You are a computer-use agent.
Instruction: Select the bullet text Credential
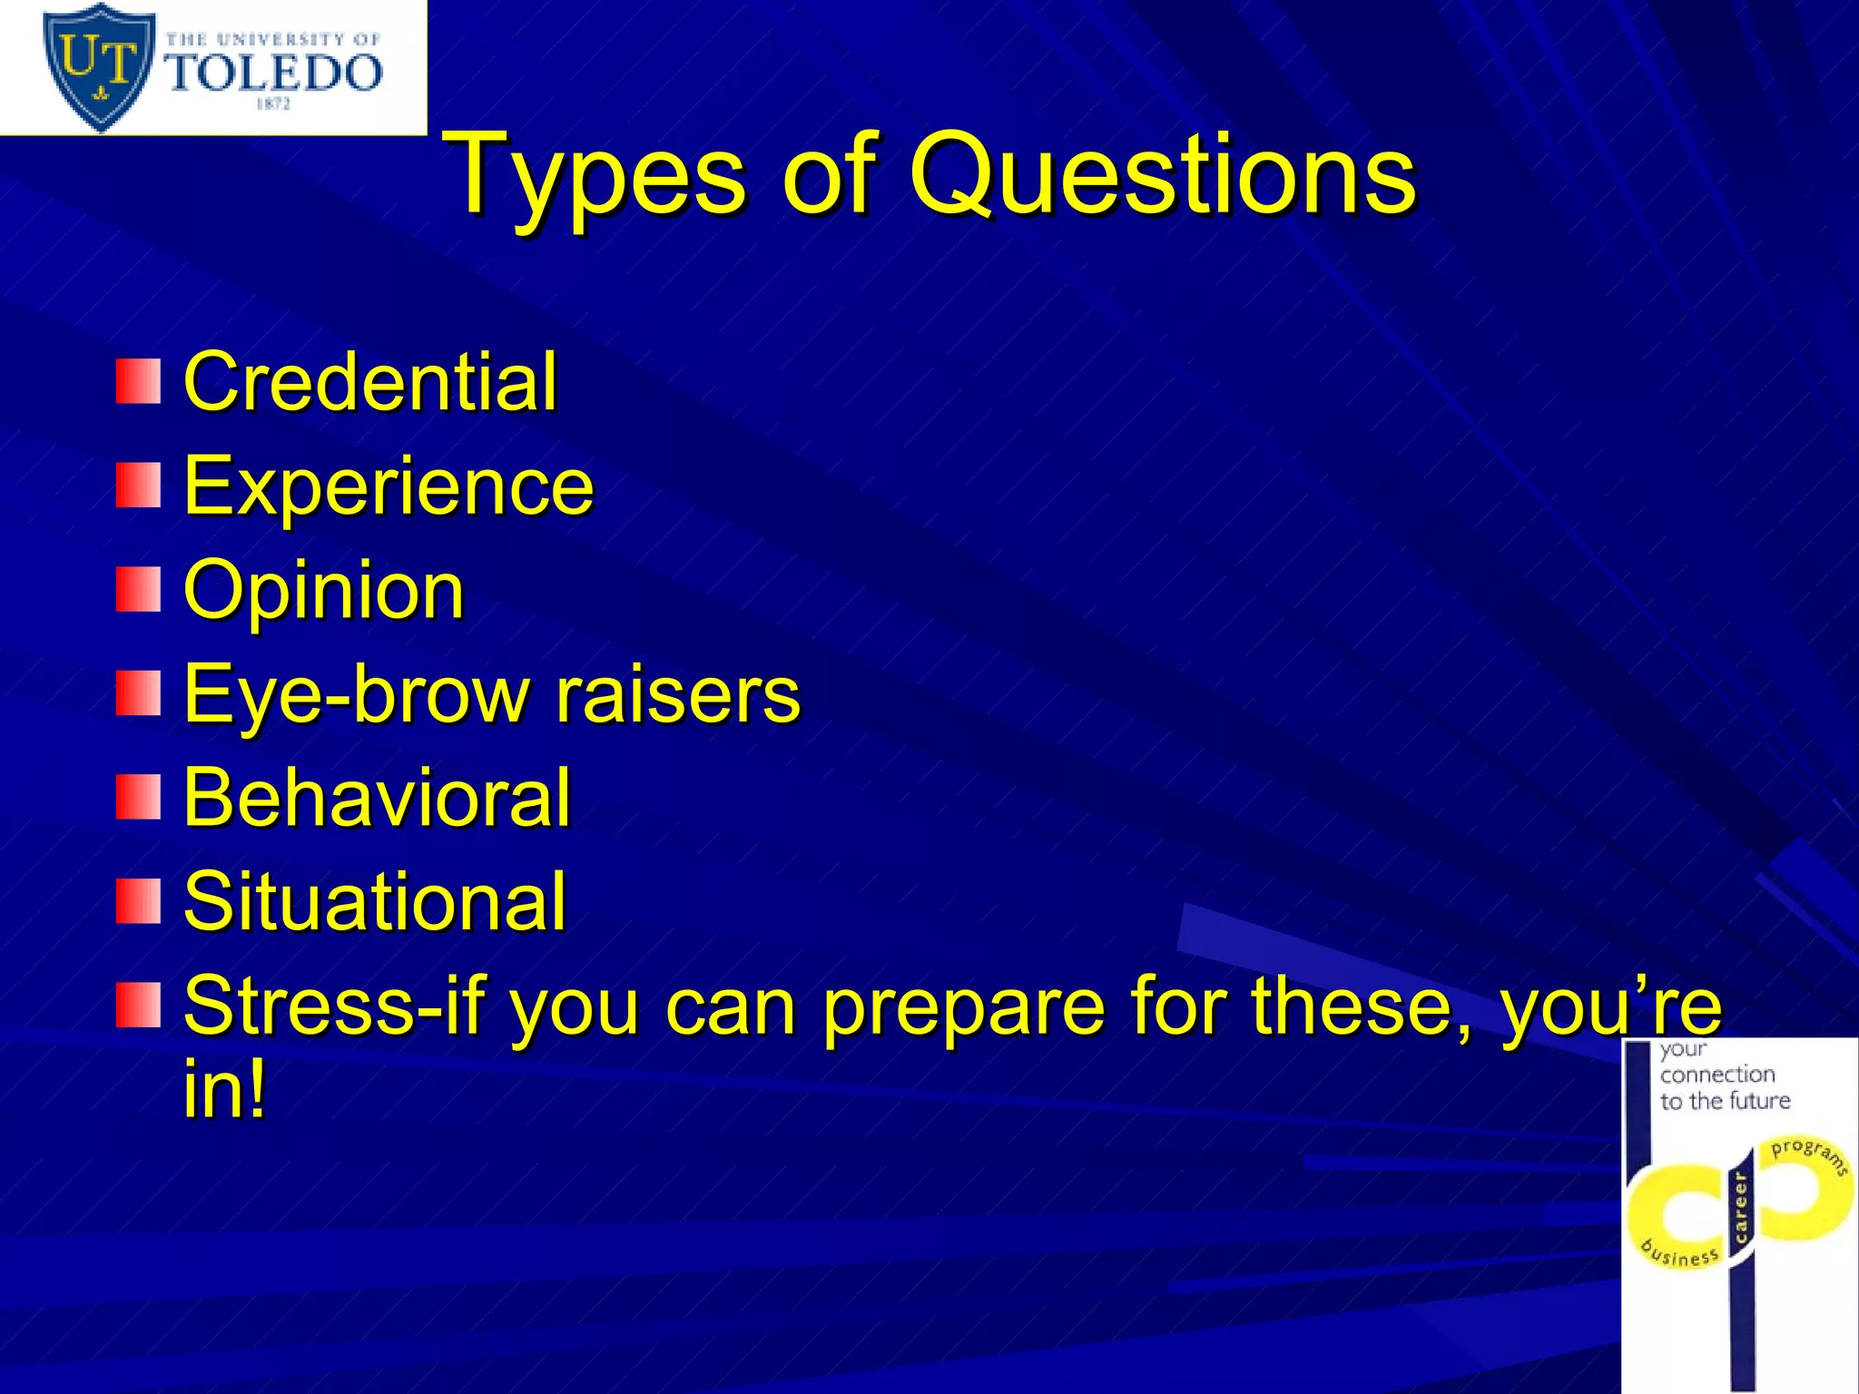[369, 382]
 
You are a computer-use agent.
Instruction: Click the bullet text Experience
[389, 486]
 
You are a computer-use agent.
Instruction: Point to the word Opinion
[324, 591]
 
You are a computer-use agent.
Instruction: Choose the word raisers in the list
[677, 694]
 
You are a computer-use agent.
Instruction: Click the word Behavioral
[377, 798]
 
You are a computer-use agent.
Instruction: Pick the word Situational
[375, 902]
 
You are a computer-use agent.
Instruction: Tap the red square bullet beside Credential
[138, 381]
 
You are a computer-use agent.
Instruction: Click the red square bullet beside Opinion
[138, 590]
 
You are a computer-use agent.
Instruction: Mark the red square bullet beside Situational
[138, 901]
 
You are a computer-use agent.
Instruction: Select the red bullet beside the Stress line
[138, 1005]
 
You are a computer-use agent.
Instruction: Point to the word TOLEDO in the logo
[275, 73]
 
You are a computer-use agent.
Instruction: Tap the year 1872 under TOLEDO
[273, 104]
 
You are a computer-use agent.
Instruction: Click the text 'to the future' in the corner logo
[1725, 1101]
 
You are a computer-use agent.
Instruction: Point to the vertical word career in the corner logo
[1740, 1207]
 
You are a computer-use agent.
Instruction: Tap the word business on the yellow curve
[1680, 1252]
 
